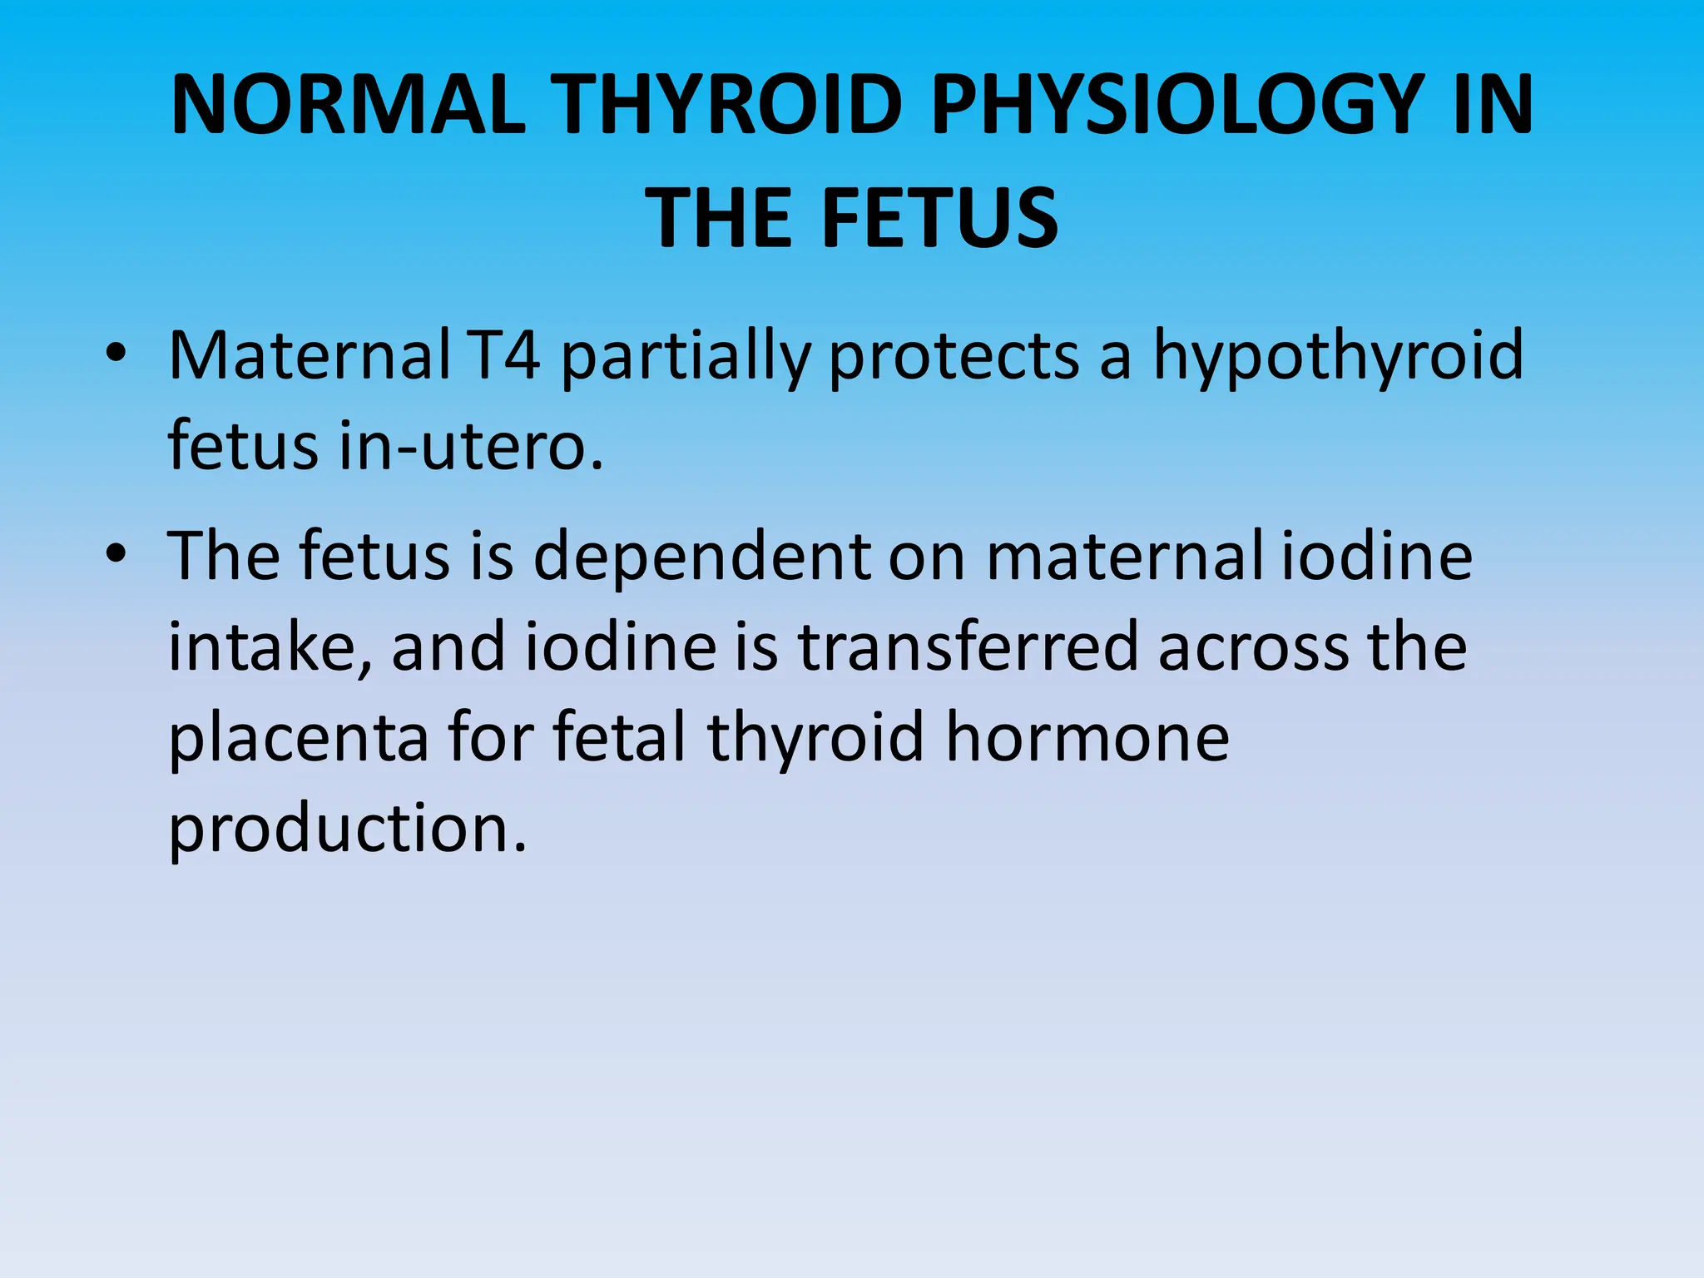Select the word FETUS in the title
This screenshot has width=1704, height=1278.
[x=940, y=218]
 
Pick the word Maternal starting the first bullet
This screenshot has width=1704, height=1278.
[x=309, y=356]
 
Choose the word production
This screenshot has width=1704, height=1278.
[x=348, y=829]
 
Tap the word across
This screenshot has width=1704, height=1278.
[x=1253, y=647]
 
